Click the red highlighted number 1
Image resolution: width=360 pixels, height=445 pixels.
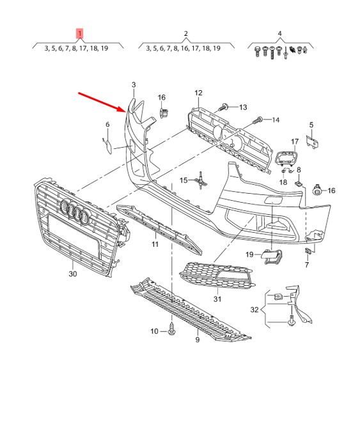[x=80, y=33]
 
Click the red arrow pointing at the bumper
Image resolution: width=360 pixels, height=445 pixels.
[x=102, y=102]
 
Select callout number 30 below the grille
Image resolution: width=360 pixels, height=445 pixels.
[x=73, y=274]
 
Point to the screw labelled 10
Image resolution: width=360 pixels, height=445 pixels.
[x=172, y=329]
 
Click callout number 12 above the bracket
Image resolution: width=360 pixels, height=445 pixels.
[x=198, y=93]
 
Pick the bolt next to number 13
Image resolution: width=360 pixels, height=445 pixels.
[x=223, y=107]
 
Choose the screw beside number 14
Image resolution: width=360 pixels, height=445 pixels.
[x=257, y=120]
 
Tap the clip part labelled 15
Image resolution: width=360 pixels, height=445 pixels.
[x=201, y=180]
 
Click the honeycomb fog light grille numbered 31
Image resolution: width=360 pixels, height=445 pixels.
[x=217, y=275]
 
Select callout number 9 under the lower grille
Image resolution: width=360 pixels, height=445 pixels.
[x=198, y=340]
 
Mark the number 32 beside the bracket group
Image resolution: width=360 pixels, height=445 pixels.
[x=254, y=309]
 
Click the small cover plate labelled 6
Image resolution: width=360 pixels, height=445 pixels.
[x=107, y=146]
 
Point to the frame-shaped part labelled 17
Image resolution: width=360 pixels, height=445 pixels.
[x=286, y=158]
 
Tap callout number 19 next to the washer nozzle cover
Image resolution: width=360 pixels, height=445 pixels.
[x=249, y=254]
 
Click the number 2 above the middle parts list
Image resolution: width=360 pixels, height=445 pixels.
[x=185, y=33]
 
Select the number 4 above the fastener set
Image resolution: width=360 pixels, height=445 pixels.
[x=279, y=33]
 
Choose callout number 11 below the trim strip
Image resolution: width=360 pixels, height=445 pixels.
[x=155, y=244]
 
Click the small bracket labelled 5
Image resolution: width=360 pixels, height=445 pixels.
[x=312, y=142]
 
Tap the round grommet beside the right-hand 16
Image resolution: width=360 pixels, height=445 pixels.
[x=317, y=190]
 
